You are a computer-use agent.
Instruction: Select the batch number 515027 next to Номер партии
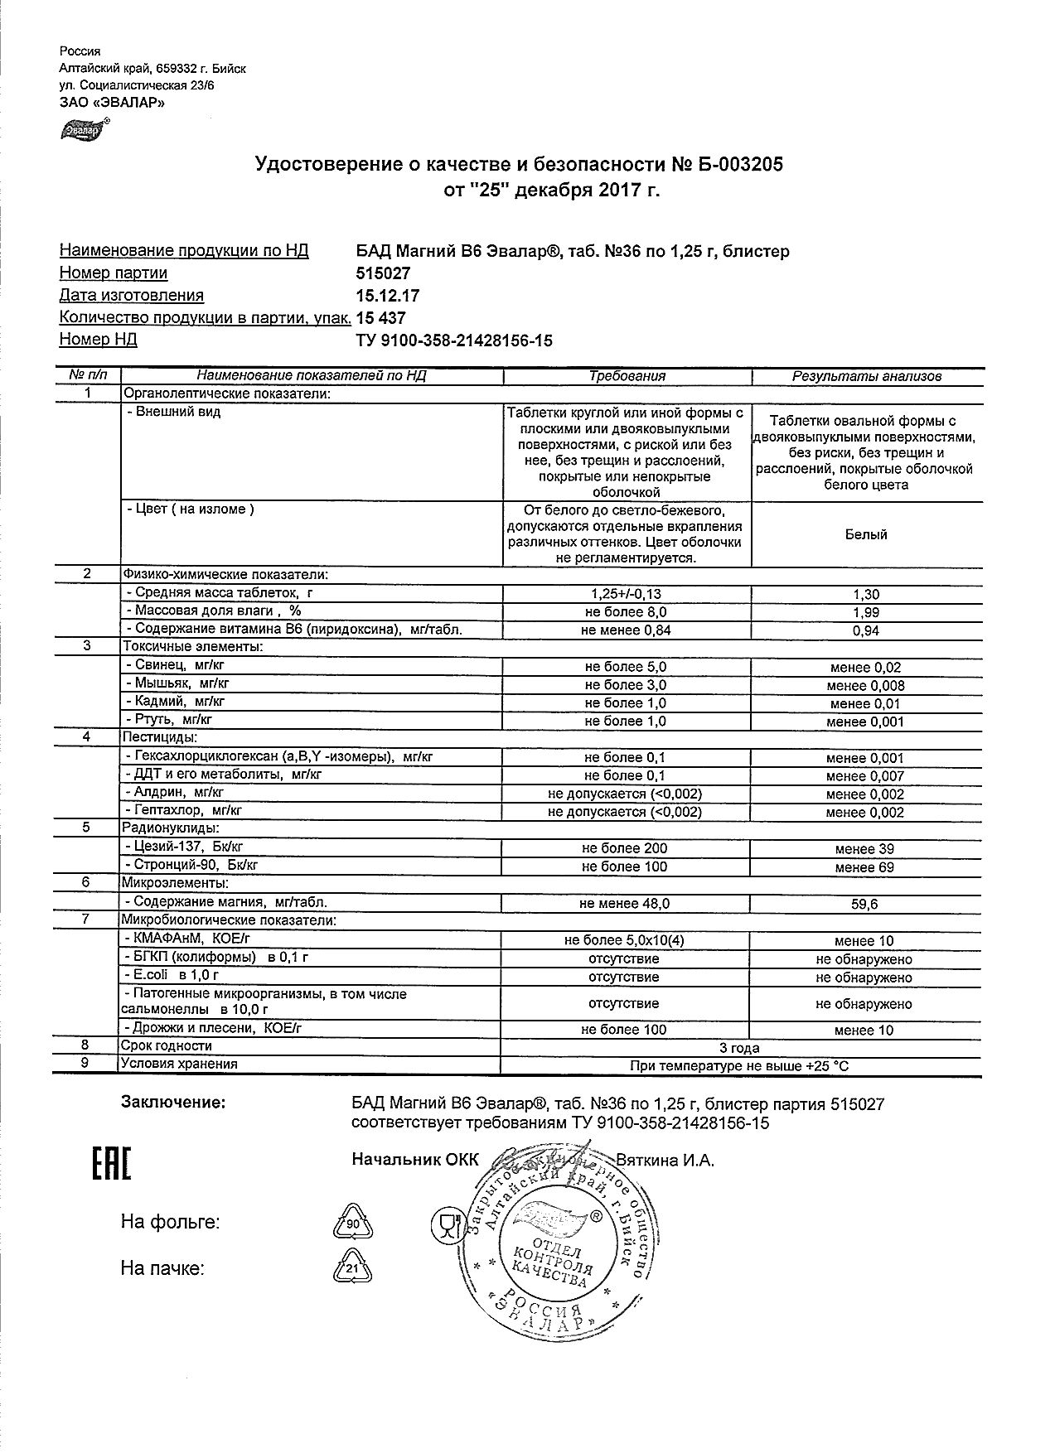click(383, 273)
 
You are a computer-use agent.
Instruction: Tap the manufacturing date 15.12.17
click(387, 296)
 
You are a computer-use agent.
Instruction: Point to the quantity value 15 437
click(380, 318)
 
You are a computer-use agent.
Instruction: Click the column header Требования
click(627, 376)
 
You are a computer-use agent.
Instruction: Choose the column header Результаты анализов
click(867, 376)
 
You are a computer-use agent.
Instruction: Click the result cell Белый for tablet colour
click(866, 534)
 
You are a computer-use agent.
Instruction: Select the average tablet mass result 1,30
click(866, 594)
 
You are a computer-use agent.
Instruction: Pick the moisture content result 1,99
click(866, 612)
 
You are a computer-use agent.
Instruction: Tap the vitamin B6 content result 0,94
click(866, 630)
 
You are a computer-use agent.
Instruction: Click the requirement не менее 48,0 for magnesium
click(626, 904)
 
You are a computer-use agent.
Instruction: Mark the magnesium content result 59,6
click(865, 905)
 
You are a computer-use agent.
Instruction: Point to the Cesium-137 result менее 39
click(865, 849)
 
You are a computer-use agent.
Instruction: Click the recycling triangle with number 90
click(352, 1223)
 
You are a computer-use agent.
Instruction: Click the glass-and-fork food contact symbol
click(447, 1224)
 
